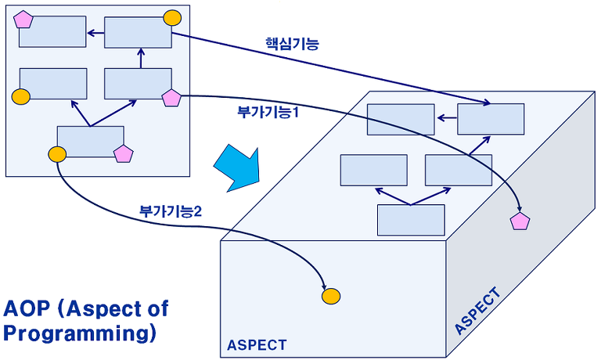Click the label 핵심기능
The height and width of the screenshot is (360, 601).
[292, 44]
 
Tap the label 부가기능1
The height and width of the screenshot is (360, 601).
[268, 112]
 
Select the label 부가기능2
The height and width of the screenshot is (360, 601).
[170, 211]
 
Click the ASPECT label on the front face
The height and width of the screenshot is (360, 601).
[257, 345]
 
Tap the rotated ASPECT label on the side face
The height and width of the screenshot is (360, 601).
[477, 311]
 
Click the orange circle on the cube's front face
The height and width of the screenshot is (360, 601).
[331, 296]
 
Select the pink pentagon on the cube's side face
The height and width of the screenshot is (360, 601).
[520, 221]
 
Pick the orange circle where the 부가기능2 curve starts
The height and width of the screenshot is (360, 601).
[57, 154]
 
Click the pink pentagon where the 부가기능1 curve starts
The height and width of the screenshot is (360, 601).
[171, 98]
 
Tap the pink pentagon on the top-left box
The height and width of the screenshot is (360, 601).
[23, 19]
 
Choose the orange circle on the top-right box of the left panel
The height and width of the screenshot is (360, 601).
[172, 18]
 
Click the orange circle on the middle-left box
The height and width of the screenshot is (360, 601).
[20, 96]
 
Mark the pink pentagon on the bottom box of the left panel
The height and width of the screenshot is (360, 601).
[124, 153]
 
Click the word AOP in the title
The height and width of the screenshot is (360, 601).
[27, 308]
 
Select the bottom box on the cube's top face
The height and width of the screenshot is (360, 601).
[411, 220]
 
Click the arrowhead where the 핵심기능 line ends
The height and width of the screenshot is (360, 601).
[488, 103]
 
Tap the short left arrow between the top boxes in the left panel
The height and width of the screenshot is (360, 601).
[95, 33]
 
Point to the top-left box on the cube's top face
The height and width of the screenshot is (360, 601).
[401, 120]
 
